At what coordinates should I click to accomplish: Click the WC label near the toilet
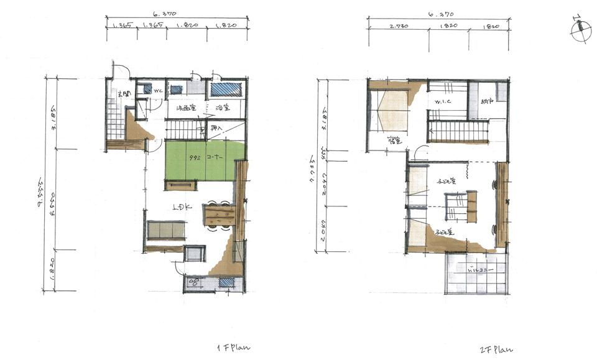coord(157,90)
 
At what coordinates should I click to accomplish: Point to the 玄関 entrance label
coord(124,95)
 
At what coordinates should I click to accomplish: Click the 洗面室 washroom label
coord(187,108)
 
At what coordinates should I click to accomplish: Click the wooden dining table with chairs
coord(220,216)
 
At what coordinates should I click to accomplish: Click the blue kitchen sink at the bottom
coord(227,283)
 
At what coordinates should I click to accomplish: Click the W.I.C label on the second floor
coord(442,101)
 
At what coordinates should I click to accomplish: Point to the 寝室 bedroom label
coord(393,141)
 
